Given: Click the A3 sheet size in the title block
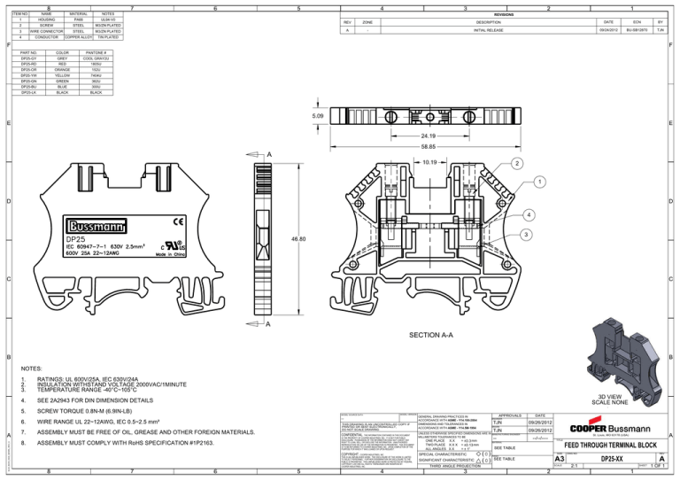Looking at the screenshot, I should click(560, 460).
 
